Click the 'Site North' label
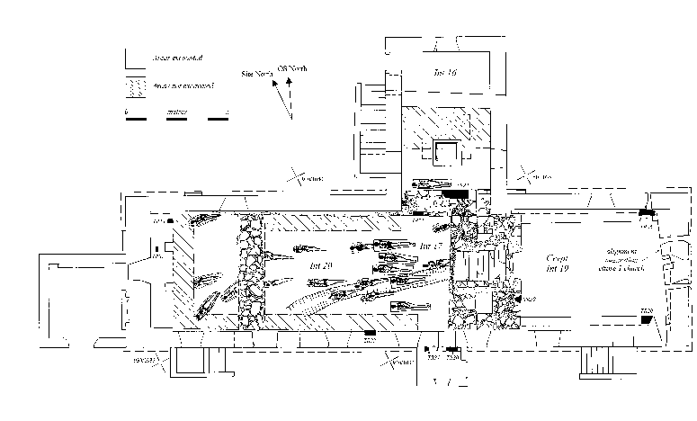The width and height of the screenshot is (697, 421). (258, 75)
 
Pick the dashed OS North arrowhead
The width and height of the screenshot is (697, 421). (289, 82)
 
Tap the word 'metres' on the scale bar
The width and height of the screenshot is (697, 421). (176, 113)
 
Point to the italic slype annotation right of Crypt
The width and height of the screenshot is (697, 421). (618, 259)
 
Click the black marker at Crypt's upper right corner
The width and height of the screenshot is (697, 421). (644, 213)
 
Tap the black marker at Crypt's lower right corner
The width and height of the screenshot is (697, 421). (647, 318)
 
